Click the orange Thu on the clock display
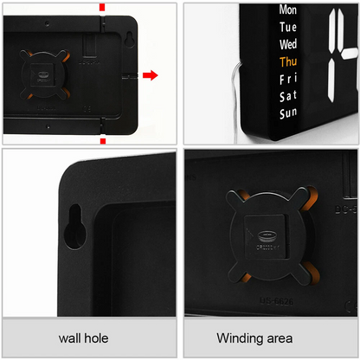coord(288,61)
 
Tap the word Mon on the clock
coord(288,10)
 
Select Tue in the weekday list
coord(288,27)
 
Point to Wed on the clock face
coord(288,44)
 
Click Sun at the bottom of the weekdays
coord(288,113)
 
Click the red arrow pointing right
coord(150,75)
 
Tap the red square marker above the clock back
coord(102,7)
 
